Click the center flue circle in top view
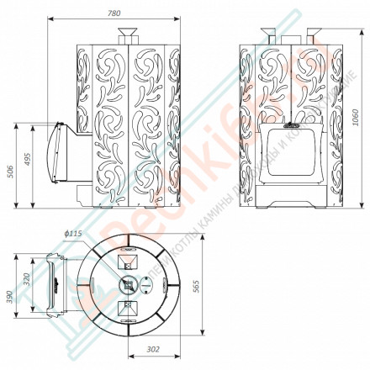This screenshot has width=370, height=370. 128,284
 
